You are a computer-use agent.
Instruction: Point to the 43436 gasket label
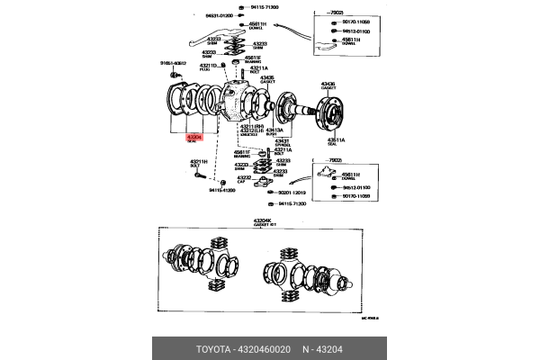click(x=328, y=85)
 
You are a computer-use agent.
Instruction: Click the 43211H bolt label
click(x=198, y=163)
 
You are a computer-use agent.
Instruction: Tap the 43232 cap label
click(x=241, y=181)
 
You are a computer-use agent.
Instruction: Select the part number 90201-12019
click(x=292, y=193)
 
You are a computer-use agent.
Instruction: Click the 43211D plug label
click(x=209, y=67)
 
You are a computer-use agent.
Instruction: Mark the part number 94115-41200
click(x=221, y=191)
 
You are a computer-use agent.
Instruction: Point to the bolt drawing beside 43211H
click(x=196, y=175)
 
